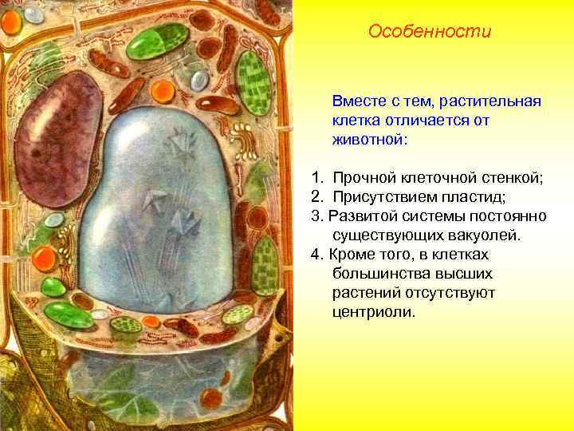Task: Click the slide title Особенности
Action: coord(431,32)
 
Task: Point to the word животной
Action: coord(368,140)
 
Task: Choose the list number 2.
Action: coord(316,197)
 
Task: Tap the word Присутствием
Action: coord(385,197)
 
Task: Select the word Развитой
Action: coord(363,216)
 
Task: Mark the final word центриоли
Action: coord(373,312)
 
